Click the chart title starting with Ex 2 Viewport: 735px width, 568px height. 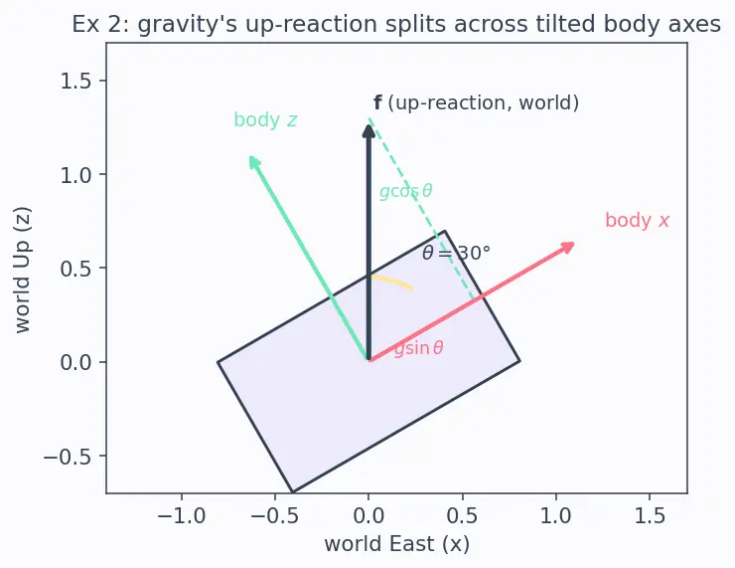tap(396, 25)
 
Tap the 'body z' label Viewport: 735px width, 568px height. tap(265, 120)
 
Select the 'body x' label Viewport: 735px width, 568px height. tap(637, 221)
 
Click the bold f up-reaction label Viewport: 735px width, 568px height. tap(476, 102)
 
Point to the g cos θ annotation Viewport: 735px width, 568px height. tap(406, 191)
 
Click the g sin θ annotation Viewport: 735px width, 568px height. tap(418, 348)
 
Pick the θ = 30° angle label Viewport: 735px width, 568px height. tap(456, 253)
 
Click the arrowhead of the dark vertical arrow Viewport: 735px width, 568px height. tap(368, 130)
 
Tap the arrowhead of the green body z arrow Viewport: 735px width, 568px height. tap(253, 162)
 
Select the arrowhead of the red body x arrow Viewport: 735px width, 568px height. tap(568, 246)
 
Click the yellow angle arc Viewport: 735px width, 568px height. tap(392, 282)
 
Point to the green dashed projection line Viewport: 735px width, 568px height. tap(421, 208)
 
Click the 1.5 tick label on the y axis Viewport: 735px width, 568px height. tap(75, 82)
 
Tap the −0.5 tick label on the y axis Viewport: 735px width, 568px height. tap(67, 457)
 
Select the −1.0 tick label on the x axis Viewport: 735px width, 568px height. tap(182, 516)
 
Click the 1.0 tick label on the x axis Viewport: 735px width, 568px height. tap(556, 516)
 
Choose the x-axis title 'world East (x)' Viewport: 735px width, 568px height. tap(396, 544)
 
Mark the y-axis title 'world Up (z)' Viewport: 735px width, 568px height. tap(22, 270)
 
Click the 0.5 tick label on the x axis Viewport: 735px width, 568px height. tap(462, 516)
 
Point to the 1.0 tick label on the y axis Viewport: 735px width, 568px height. tap(75, 175)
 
